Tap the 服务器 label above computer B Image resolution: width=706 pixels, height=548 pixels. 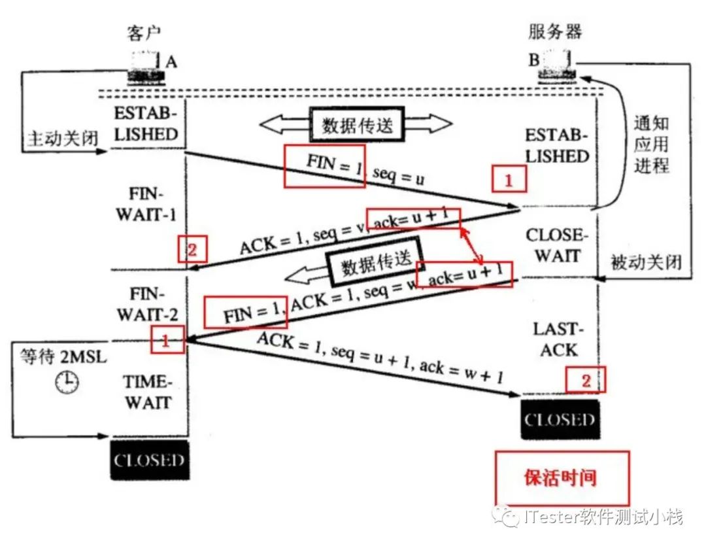pos(554,31)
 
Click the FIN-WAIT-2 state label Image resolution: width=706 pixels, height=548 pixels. pos(147,304)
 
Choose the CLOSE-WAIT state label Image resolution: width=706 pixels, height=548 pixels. pos(553,245)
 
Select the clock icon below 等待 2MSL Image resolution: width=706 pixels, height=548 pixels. pos(67,382)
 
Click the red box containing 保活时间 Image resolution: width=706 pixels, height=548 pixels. pos(561,477)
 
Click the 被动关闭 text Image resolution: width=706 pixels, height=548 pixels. pos(646,262)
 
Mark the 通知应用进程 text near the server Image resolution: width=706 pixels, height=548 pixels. pos(651,145)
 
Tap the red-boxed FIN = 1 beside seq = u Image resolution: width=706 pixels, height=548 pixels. pos(324,165)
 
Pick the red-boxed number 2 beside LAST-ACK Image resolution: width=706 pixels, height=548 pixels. pos(586,380)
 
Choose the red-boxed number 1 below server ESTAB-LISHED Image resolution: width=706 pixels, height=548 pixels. pos(509,178)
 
